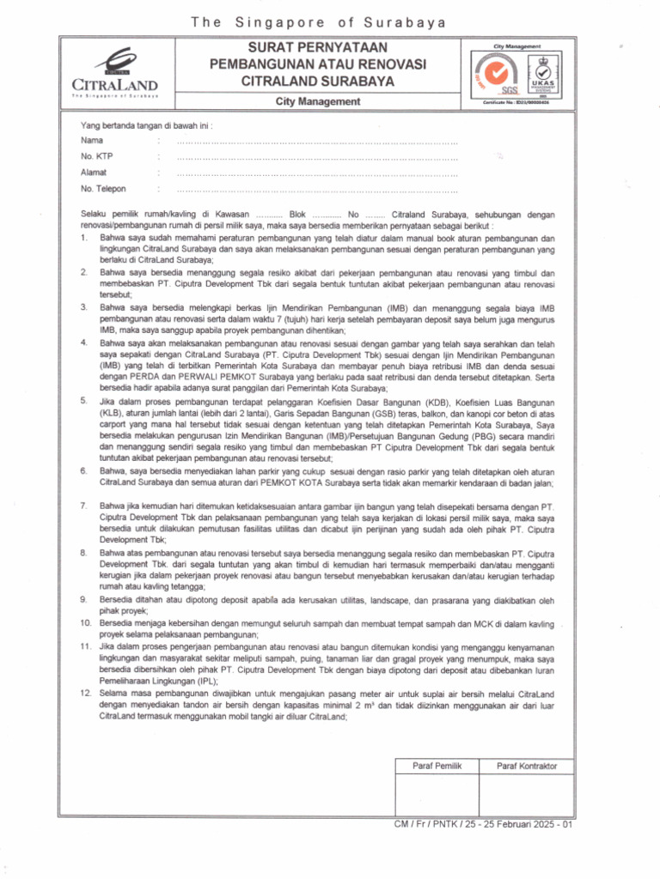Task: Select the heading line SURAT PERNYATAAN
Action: point(318,47)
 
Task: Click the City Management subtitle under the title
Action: point(318,102)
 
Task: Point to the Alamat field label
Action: point(94,173)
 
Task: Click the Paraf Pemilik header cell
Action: point(437,765)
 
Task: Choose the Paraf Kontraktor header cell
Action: point(527,765)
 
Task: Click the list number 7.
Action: point(82,507)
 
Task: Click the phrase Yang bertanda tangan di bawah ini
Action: point(146,125)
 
